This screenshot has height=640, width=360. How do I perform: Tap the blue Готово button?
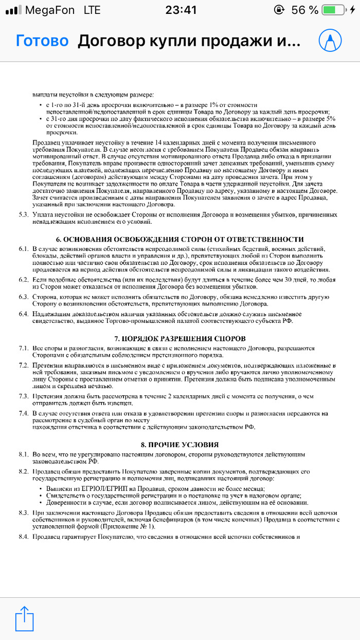[x=42, y=41]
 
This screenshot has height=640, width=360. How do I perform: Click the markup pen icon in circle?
[x=330, y=40]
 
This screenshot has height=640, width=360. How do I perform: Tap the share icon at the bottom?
[x=24, y=617]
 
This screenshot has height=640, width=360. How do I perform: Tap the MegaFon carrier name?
[x=49, y=10]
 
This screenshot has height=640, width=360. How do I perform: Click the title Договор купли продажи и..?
[x=188, y=41]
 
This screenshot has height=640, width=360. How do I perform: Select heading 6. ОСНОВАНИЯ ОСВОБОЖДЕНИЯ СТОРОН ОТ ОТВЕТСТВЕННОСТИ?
[x=180, y=240]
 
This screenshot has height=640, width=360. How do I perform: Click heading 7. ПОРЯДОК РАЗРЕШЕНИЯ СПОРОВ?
[x=180, y=338]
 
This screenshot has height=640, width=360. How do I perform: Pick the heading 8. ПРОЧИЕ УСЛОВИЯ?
[x=180, y=445]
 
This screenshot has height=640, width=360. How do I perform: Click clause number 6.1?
[x=23, y=249]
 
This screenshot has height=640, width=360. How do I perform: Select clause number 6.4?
[x=23, y=314]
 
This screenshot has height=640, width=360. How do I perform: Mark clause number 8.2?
[x=23, y=471]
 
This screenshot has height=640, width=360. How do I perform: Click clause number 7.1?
[x=23, y=348]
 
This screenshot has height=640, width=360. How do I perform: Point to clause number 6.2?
[x=23, y=279]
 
